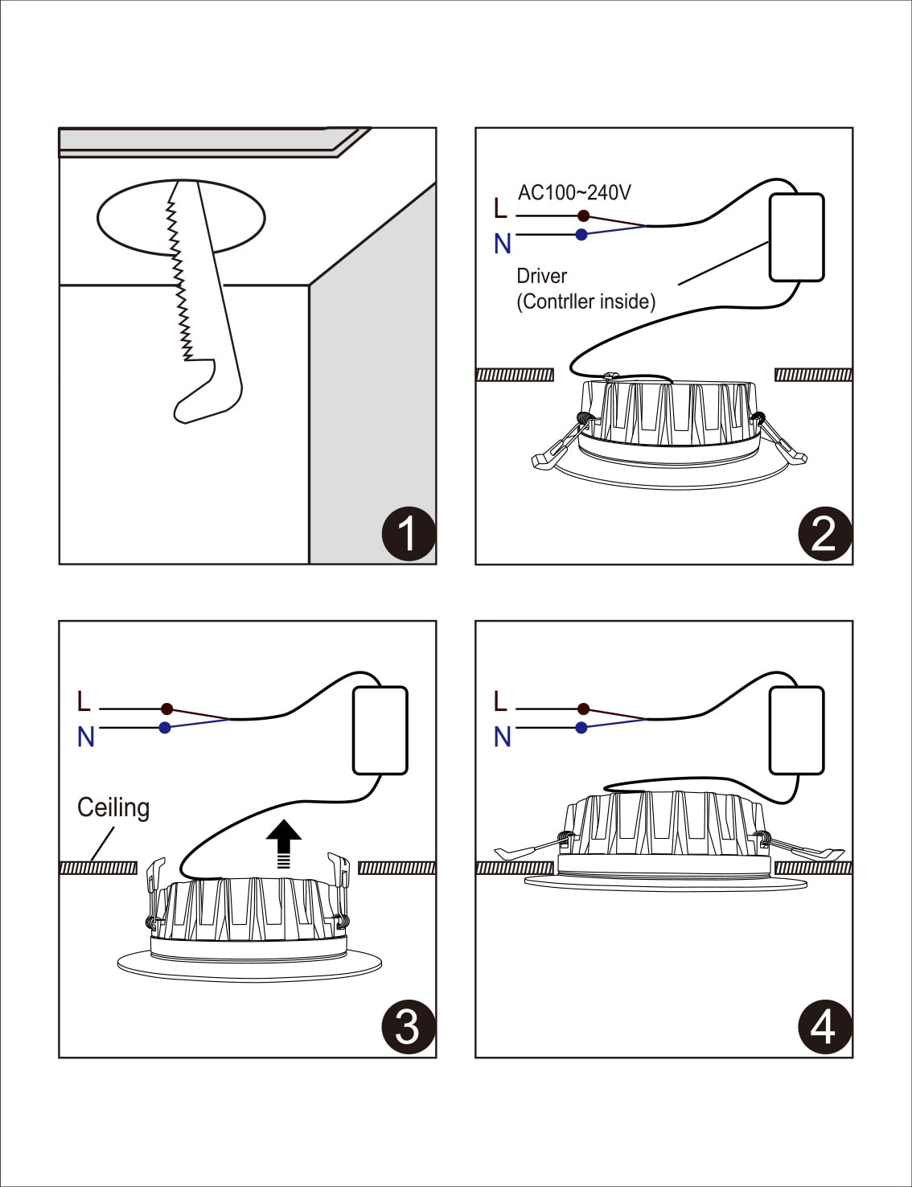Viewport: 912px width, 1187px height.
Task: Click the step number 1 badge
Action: pos(408,533)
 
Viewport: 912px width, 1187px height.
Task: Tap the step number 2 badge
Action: pos(824,533)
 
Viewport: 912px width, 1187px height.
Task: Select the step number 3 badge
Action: pos(408,1026)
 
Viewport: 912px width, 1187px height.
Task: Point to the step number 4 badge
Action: pos(824,1026)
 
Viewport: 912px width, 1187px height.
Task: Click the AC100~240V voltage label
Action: pos(574,192)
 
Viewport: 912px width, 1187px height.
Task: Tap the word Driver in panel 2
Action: pos(541,276)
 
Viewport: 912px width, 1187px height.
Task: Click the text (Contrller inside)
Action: pos(585,302)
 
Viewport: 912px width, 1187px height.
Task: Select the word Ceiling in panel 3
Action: pos(113,807)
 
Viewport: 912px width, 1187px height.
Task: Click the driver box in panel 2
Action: pos(796,237)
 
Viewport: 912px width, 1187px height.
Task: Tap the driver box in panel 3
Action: pos(380,730)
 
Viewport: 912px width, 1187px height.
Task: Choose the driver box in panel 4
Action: pos(796,730)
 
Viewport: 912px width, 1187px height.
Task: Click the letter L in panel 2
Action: pos(500,208)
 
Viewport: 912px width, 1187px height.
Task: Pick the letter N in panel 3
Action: pos(85,737)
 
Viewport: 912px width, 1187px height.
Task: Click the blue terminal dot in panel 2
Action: pos(581,235)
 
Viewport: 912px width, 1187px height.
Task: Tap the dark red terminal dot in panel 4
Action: pos(584,709)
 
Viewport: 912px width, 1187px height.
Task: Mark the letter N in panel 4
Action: pos(502,737)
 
